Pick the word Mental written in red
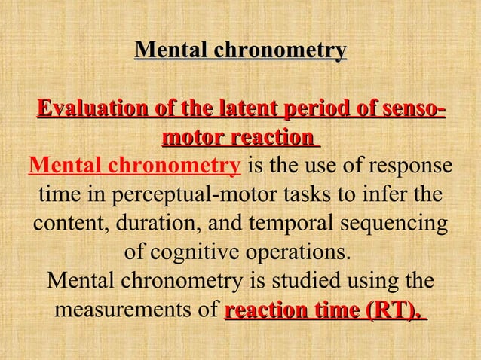(x=67, y=166)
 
